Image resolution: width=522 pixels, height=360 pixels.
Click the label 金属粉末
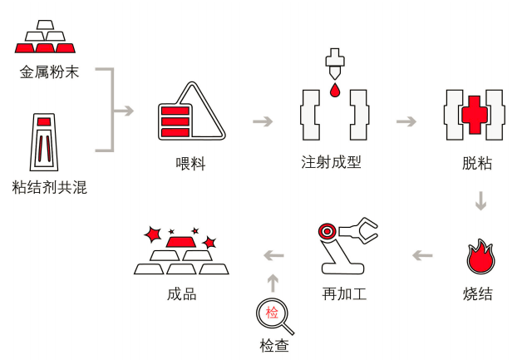coord(50,72)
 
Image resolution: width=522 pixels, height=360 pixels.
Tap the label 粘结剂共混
coord(50,189)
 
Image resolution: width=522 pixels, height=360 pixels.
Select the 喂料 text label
coord(190,164)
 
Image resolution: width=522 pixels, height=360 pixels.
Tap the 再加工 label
coord(345,293)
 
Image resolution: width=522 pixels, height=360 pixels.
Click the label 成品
coord(182,293)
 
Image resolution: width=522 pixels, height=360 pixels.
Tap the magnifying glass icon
coord(273,315)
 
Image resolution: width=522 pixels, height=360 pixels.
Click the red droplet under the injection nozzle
coord(334,89)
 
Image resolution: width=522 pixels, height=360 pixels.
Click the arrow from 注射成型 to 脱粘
coord(406,121)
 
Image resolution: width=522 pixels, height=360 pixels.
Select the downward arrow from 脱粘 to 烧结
coord(480,201)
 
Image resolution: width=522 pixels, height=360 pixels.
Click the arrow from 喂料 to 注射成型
coord(263,121)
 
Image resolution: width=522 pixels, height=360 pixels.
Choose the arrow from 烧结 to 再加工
coord(423,254)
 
